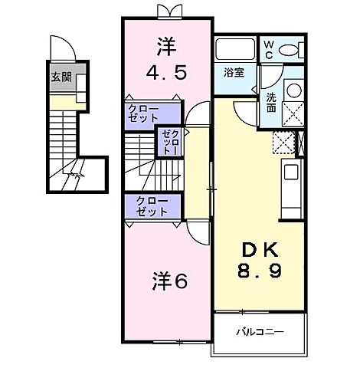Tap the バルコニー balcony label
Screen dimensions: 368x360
(x=260, y=333)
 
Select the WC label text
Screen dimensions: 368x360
(x=269, y=51)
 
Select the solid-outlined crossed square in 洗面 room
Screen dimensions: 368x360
(x=292, y=115)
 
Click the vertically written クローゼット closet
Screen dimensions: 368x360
(x=169, y=142)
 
